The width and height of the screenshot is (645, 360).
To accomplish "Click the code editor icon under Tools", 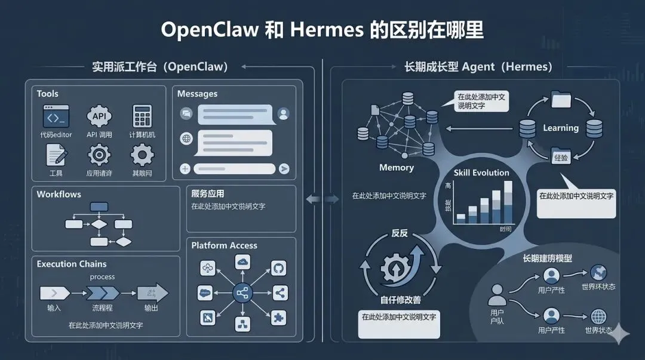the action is tap(56, 116).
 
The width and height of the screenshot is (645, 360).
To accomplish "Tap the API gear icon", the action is tap(99, 116).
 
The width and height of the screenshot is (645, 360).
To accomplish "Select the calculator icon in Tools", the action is tap(142, 116).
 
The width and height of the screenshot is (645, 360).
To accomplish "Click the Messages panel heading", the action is tap(197, 94).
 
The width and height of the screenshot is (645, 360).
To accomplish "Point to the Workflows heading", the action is tap(59, 194).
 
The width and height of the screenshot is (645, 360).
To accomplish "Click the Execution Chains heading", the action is tap(72, 264).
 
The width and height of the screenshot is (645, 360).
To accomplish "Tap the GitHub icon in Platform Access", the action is tap(278, 268).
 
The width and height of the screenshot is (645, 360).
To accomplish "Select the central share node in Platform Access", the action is tap(242, 293).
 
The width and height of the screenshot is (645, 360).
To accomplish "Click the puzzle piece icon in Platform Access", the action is tap(278, 317).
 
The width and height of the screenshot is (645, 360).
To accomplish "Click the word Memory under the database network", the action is tap(397, 168).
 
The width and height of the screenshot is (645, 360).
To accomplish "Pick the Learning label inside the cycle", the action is tap(560, 128).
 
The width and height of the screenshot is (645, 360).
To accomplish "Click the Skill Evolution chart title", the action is tap(481, 173).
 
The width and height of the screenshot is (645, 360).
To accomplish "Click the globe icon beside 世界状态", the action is tap(598, 316).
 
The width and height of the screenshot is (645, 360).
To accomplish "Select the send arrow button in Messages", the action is tap(284, 169).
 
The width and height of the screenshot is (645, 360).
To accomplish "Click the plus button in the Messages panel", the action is tap(185, 169).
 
